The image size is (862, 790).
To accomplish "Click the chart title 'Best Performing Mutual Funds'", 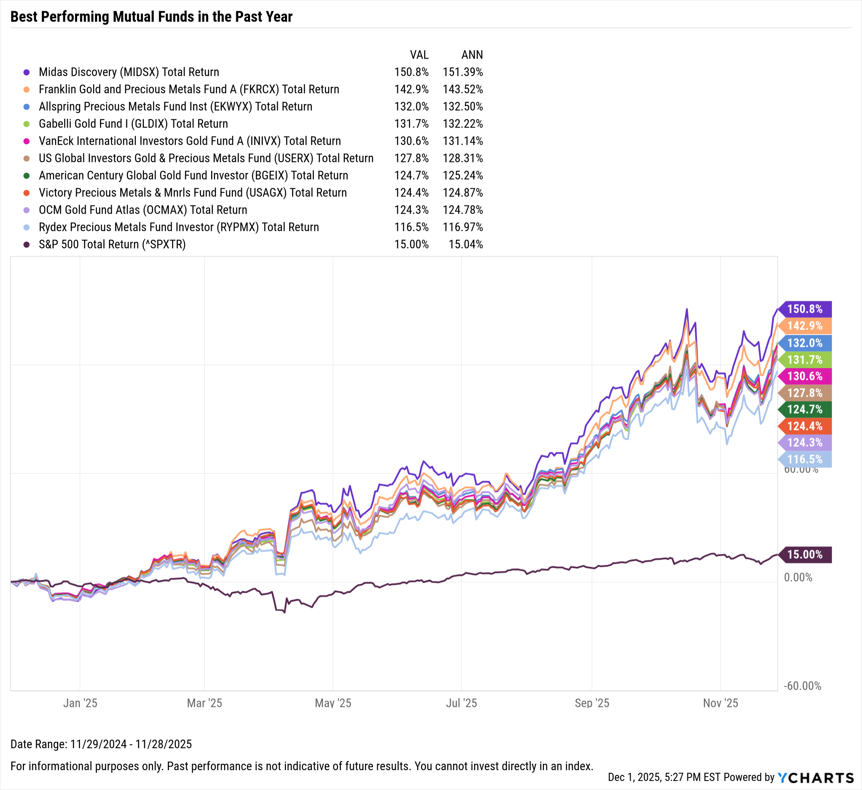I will [x=151, y=17].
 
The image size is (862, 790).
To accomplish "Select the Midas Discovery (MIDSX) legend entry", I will [x=129, y=72].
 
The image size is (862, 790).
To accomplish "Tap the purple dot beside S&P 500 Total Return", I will [x=27, y=245].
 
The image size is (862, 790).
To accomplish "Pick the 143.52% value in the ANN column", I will [x=462, y=89].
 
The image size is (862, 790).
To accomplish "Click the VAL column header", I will [x=419, y=55].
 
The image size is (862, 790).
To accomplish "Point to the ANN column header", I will [x=472, y=55].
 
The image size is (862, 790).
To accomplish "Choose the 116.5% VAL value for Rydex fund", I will [x=411, y=227].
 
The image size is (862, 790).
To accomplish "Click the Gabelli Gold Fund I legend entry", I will [x=133, y=124].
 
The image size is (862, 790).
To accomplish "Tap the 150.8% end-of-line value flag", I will [x=804, y=309].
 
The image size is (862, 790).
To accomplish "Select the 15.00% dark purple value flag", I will [x=804, y=554].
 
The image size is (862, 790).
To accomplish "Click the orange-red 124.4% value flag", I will [x=804, y=426].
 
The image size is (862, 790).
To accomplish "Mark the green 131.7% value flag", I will [x=804, y=360].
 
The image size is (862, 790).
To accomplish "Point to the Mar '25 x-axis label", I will [x=204, y=703].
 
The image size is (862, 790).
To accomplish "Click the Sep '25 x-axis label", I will [x=592, y=703].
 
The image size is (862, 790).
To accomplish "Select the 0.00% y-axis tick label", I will [x=798, y=577].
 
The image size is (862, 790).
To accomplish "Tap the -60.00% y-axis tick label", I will [x=802, y=686].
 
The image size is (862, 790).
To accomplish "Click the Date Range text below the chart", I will [x=101, y=744].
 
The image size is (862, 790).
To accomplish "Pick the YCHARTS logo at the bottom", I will [x=815, y=778].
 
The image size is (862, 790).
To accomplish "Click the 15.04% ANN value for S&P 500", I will [x=465, y=244].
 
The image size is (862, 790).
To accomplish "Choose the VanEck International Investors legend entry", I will [x=190, y=141].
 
